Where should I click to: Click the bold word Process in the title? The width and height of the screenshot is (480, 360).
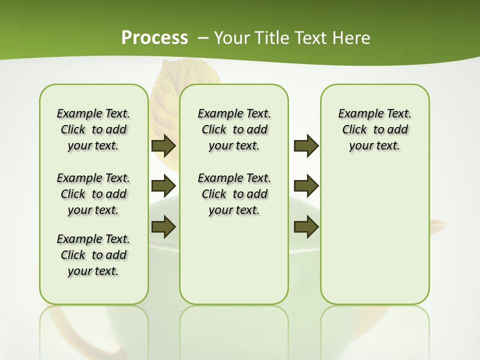(x=154, y=38)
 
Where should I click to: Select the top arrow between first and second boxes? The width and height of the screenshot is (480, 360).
(x=163, y=146)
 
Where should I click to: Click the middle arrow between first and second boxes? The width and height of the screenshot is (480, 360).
(x=163, y=186)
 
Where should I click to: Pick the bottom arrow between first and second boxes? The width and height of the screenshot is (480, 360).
(x=163, y=226)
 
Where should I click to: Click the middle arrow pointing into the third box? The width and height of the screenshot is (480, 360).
(x=306, y=186)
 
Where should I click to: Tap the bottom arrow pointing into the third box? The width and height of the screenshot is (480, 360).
(x=306, y=226)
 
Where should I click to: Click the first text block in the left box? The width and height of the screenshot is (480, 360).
(x=93, y=129)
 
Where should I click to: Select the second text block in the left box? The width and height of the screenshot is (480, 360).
(x=93, y=194)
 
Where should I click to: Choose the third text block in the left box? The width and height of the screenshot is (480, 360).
(x=93, y=255)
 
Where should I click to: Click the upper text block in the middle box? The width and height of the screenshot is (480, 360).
(x=234, y=129)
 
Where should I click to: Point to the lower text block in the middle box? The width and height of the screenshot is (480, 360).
(x=234, y=194)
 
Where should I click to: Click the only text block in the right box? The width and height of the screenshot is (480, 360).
(x=374, y=129)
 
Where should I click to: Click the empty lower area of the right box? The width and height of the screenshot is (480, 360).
(x=374, y=240)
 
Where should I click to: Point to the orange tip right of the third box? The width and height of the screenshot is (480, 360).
(x=438, y=225)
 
